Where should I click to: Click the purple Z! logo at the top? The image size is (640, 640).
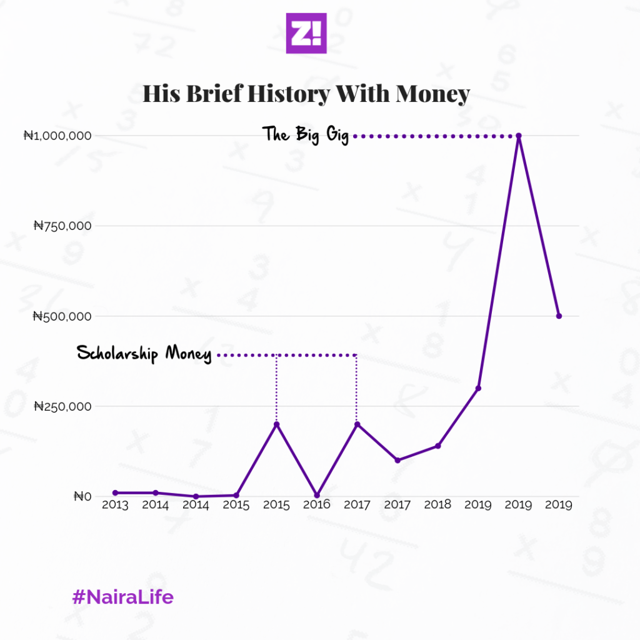[x=306, y=32]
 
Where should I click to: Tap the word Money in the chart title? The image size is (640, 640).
[x=432, y=94]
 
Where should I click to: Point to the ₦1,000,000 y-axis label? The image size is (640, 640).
[x=57, y=135]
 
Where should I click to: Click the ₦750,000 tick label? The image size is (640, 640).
[x=62, y=226]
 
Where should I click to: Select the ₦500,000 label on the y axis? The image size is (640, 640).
[x=62, y=316]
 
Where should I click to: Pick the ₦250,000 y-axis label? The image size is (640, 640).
[x=62, y=406]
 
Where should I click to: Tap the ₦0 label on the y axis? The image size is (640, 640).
[x=83, y=496]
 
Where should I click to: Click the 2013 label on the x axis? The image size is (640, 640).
[x=115, y=505]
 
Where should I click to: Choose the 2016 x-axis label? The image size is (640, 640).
[x=316, y=505]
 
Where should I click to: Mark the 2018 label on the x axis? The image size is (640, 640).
[x=437, y=505]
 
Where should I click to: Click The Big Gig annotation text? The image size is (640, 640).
[x=305, y=134]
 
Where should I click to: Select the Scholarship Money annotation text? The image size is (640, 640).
[x=144, y=354]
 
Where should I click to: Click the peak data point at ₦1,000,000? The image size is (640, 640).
[x=519, y=136]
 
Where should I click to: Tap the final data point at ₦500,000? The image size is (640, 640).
[x=559, y=316]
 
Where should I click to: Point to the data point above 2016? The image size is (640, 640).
[x=317, y=495]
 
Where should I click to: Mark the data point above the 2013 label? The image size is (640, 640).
[x=115, y=493]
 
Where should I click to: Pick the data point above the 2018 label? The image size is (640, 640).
[x=437, y=446]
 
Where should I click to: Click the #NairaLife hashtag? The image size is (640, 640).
[x=122, y=597]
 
